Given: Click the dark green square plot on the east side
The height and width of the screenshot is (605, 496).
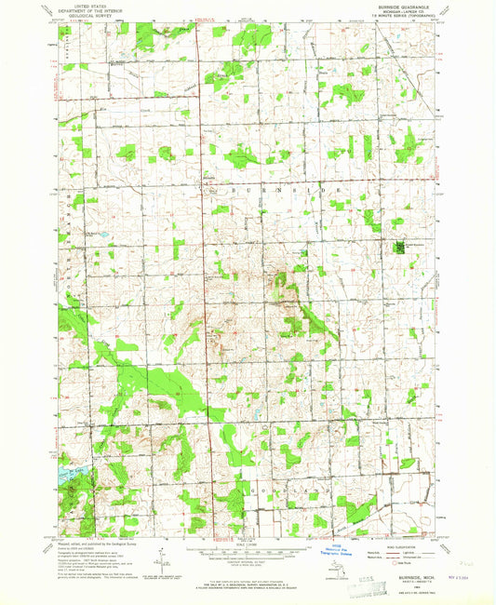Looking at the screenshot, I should [401, 248].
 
